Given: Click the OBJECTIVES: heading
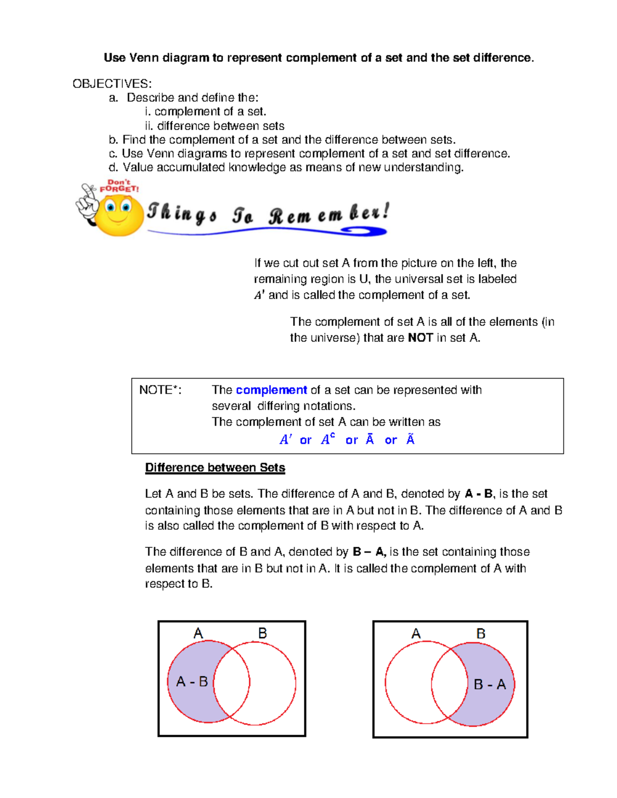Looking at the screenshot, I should (112, 84).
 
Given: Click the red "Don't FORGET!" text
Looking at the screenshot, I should (119, 185).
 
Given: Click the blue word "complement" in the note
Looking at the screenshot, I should (271, 390).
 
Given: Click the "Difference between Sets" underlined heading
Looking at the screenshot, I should (215, 468).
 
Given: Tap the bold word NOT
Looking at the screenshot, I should (420, 338).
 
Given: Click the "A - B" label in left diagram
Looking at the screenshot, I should (192, 682).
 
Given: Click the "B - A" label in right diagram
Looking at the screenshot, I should (489, 684).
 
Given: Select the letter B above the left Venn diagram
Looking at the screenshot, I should (262, 634).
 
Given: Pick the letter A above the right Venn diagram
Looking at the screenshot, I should (416, 634).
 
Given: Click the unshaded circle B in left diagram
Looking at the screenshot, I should (273, 683).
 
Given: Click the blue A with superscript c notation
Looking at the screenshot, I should (328, 439).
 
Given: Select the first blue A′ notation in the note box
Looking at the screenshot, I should (285, 440).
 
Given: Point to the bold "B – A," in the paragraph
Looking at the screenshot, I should (369, 552).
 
